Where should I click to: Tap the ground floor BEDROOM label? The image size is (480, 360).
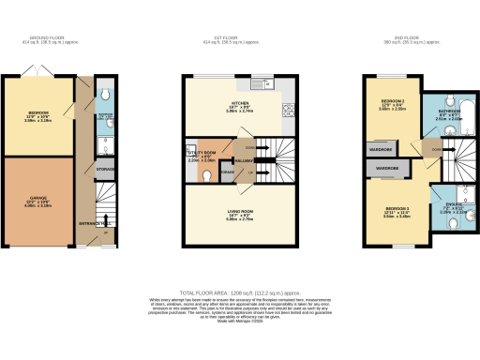tap(37, 115)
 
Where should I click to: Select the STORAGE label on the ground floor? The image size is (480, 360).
tap(104, 170)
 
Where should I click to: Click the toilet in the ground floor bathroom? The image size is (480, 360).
tap(106, 96)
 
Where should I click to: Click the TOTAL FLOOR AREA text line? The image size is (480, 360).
tap(239, 292)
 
